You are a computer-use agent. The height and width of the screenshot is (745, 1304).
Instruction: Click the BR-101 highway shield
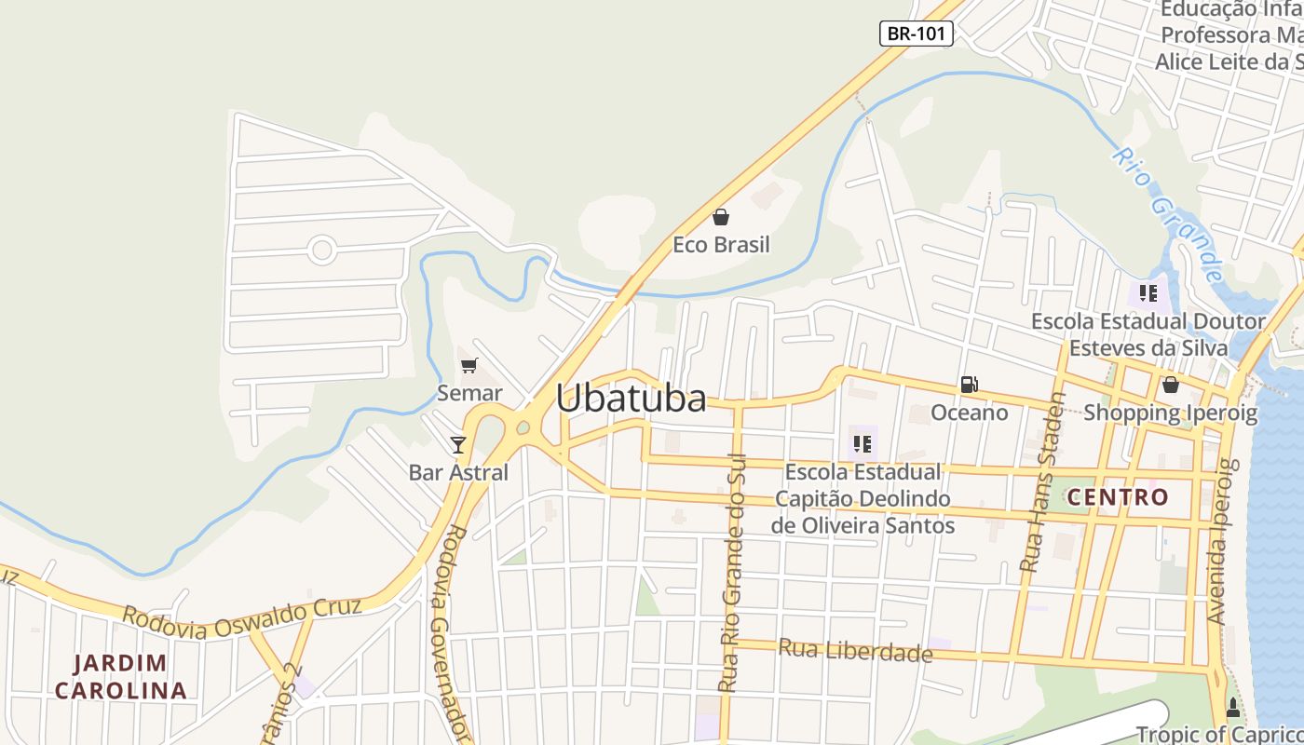[x=916, y=34]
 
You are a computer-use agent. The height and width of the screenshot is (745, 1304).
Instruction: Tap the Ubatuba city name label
[x=631, y=399]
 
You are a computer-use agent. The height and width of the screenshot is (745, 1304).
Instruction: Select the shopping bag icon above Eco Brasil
[x=721, y=218]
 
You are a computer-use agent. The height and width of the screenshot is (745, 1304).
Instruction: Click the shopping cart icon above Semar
[x=469, y=366]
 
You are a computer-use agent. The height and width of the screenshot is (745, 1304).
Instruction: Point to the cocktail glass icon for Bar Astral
[x=457, y=444]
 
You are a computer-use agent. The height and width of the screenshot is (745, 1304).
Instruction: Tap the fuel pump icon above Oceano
[x=969, y=385]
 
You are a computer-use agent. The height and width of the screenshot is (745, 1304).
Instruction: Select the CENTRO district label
[x=1118, y=497]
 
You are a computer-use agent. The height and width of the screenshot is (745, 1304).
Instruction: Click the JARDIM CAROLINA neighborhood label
[x=121, y=677]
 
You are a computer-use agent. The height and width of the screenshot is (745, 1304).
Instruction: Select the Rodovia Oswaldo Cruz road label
[x=241, y=617]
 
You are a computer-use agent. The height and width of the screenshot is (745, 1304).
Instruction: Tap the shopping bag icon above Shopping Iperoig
[x=1170, y=385]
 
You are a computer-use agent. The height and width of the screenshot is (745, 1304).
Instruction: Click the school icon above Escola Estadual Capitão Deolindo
[x=862, y=444]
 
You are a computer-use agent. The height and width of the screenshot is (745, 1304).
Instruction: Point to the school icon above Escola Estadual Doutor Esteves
[x=1148, y=293]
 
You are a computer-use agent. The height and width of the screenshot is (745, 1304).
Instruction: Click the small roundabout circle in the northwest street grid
[x=322, y=250]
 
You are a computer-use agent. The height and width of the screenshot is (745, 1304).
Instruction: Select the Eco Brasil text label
[x=721, y=245]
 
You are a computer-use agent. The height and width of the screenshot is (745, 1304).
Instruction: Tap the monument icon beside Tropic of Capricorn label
[x=1233, y=708]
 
